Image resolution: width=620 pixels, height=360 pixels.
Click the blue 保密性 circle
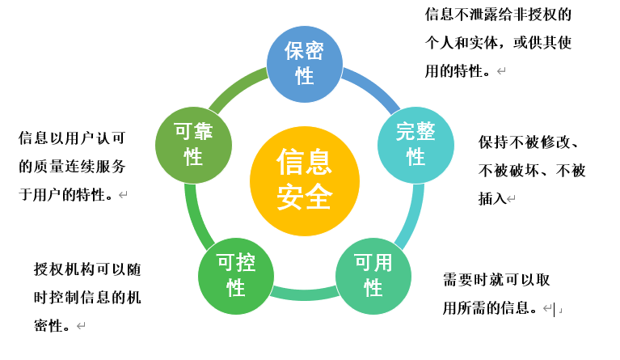305,64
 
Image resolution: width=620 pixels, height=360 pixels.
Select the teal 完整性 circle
415,144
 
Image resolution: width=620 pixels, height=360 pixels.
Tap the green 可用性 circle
373,276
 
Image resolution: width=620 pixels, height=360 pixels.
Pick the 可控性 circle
236,276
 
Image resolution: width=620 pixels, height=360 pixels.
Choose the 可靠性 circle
193,144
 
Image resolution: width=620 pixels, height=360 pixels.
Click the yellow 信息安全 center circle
304,180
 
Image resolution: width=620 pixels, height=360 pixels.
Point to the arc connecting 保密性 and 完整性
372,87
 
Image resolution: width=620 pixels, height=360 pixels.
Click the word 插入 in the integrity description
491,198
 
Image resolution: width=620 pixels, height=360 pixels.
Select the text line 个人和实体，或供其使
499,43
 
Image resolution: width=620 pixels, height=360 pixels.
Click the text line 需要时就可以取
496,280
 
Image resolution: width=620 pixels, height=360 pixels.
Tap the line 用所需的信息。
490,307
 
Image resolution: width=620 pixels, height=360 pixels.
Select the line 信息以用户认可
72,138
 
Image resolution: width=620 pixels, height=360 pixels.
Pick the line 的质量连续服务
72,167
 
